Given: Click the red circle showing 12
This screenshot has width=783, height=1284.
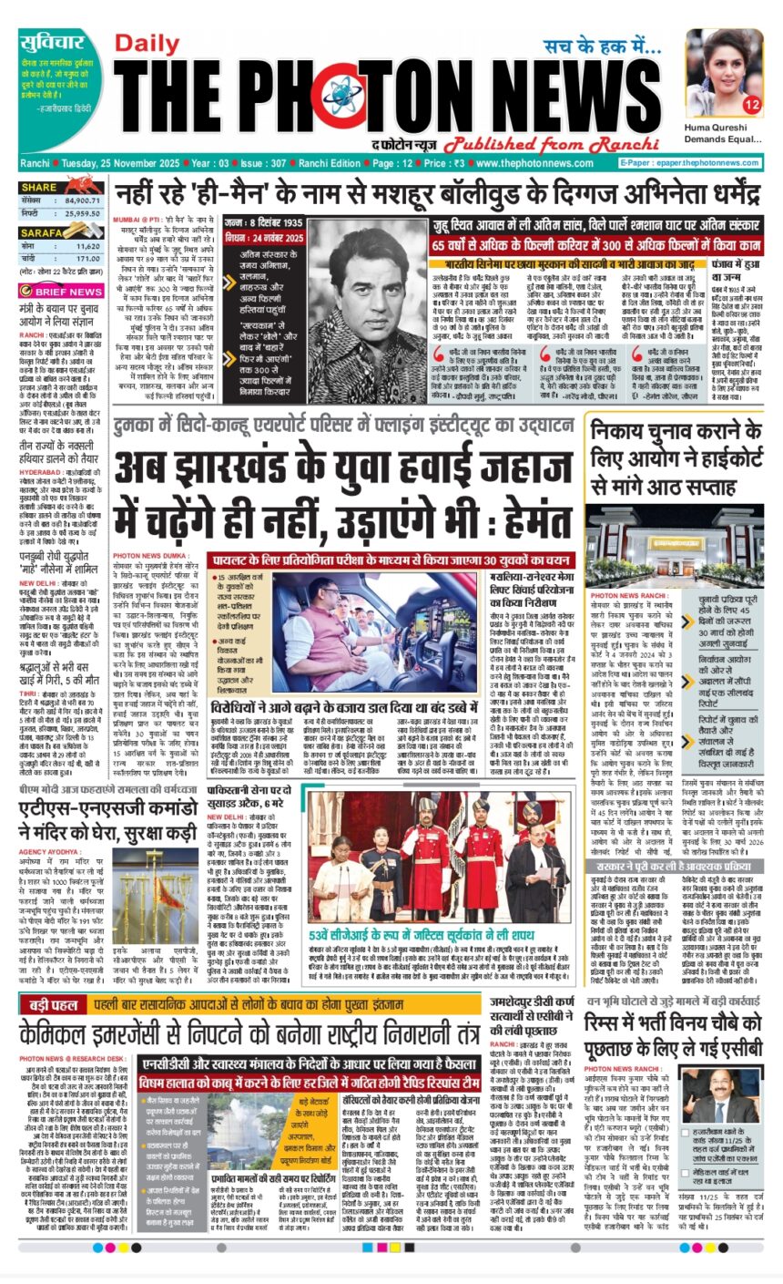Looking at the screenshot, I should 752,106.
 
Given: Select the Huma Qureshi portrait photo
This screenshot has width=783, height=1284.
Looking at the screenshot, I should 724,73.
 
